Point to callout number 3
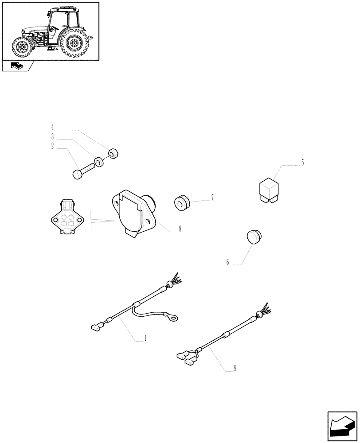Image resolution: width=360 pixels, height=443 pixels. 52,136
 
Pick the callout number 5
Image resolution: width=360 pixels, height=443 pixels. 302,163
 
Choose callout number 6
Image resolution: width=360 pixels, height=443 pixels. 227,262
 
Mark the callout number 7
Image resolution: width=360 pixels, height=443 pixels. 212,198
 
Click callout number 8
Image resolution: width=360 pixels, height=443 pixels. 180,229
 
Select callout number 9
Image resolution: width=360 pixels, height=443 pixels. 235,368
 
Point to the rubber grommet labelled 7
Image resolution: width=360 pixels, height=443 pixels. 182,203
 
